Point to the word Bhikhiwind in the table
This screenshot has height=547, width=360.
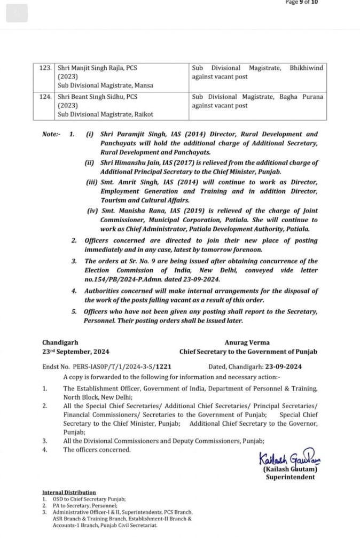pyautogui.click(x=306, y=68)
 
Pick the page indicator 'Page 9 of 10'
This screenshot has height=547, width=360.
pyautogui.click(x=302, y=2)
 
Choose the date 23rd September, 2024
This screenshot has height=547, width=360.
pyautogui.click(x=76, y=351)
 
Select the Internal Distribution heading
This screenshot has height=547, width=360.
pyautogui.click(x=69, y=492)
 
